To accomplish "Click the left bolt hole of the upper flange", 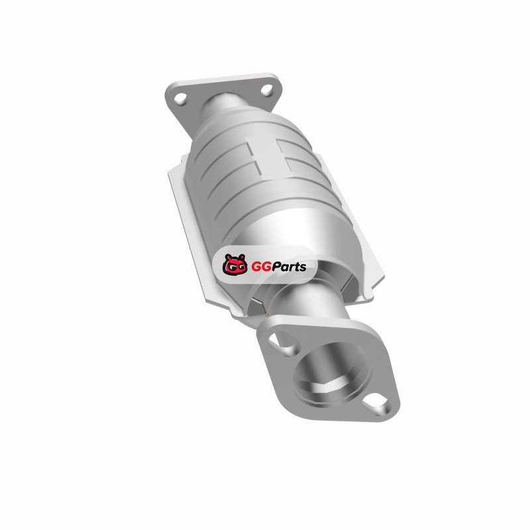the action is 180,98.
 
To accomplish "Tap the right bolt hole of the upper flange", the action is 267,90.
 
